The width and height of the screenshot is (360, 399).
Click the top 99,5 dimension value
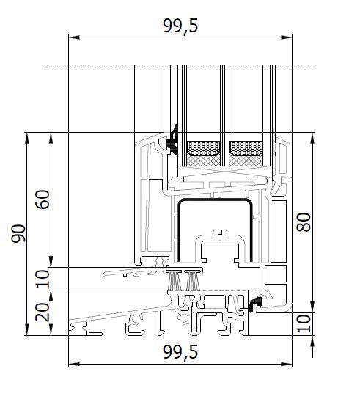[180, 26]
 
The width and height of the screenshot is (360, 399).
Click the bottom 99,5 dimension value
[180, 352]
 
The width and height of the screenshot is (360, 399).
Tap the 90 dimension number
[18, 233]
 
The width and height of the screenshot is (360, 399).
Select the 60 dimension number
[43, 199]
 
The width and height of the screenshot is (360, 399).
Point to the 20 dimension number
[43, 312]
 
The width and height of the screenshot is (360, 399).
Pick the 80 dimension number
[304, 222]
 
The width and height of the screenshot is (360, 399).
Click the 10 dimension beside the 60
[43, 279]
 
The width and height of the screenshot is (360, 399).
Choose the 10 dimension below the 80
[304, 323]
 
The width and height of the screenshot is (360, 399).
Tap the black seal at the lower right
[255, 304]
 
